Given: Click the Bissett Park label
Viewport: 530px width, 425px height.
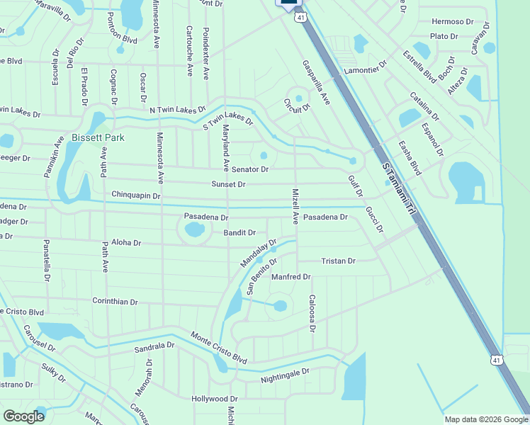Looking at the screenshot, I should [x=98, y=137].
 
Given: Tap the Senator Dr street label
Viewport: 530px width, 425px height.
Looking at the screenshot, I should [x=250, y=169].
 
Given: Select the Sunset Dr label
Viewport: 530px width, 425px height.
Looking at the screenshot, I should [x=228, y=184].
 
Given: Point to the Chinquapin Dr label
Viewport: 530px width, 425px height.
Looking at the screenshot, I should [x=136, y=195].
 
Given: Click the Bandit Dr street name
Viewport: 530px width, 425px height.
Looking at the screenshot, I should [x=239, y=232].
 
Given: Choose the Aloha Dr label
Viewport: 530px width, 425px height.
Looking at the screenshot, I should [x=127, y=242].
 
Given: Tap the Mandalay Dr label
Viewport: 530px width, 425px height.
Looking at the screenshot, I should [x=258, y=253].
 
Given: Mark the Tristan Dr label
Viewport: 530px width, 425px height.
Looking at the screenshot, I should [x=338, y=261].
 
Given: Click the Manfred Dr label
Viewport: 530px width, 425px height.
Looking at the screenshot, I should [x=291, y=276].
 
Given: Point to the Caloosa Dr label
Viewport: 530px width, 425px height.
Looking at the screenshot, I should [x=311, y=313].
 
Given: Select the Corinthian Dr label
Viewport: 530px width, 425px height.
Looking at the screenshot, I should [x=115, y=301].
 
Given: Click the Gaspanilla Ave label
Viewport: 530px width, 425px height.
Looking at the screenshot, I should [x=317, y=83].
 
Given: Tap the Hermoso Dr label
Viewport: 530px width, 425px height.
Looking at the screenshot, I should [x=452, y=22].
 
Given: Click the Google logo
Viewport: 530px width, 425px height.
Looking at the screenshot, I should [x=23, y=416].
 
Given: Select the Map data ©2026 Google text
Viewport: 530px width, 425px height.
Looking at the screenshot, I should [x=485, y=419].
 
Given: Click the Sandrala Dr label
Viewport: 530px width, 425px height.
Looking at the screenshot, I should [x=154, y=346].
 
